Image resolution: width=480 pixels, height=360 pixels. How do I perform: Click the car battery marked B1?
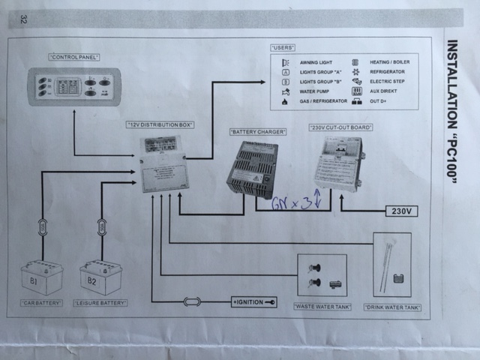coord(42,277)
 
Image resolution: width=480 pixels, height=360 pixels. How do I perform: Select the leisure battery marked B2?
coord(101,277)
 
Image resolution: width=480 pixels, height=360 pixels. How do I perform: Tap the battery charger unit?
coord(253,167)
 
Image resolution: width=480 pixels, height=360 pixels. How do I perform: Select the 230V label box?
coord(400,211)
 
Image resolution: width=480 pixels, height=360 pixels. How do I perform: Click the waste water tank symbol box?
coord(322,274)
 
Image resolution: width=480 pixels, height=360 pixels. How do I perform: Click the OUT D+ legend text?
coord(380,99)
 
